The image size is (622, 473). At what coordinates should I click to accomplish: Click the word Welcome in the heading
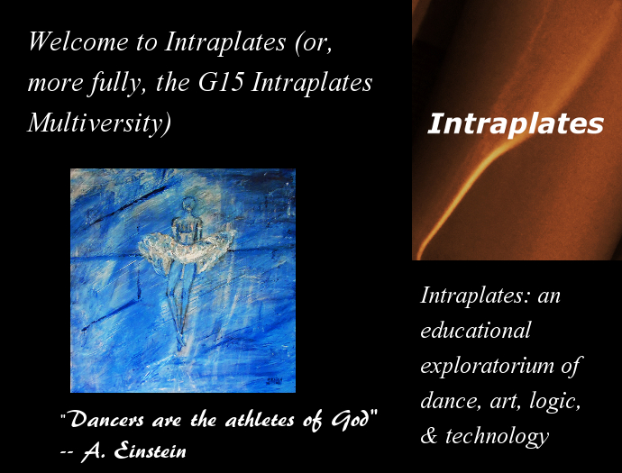click(78, 41)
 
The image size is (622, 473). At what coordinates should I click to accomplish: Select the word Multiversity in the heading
click(99, 123)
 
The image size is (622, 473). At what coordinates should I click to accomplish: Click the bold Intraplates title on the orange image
click(516, 123)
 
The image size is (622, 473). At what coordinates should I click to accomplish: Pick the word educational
click(476, 330)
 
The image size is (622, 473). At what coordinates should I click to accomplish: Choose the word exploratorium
click(487, 366)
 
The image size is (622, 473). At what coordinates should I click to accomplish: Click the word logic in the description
click(555, 401)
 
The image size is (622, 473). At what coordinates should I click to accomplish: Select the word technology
click(497, 437)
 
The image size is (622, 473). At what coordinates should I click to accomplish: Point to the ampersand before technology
click(429, 435)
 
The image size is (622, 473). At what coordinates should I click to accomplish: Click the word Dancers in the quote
click(107, 419)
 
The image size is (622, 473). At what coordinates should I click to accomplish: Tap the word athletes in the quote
click(260, 420)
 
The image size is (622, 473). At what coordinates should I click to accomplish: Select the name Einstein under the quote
click(150, 450)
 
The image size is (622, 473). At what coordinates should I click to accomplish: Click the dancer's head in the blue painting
click(189, 205)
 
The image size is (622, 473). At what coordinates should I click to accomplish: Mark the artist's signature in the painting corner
click(275, 381)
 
